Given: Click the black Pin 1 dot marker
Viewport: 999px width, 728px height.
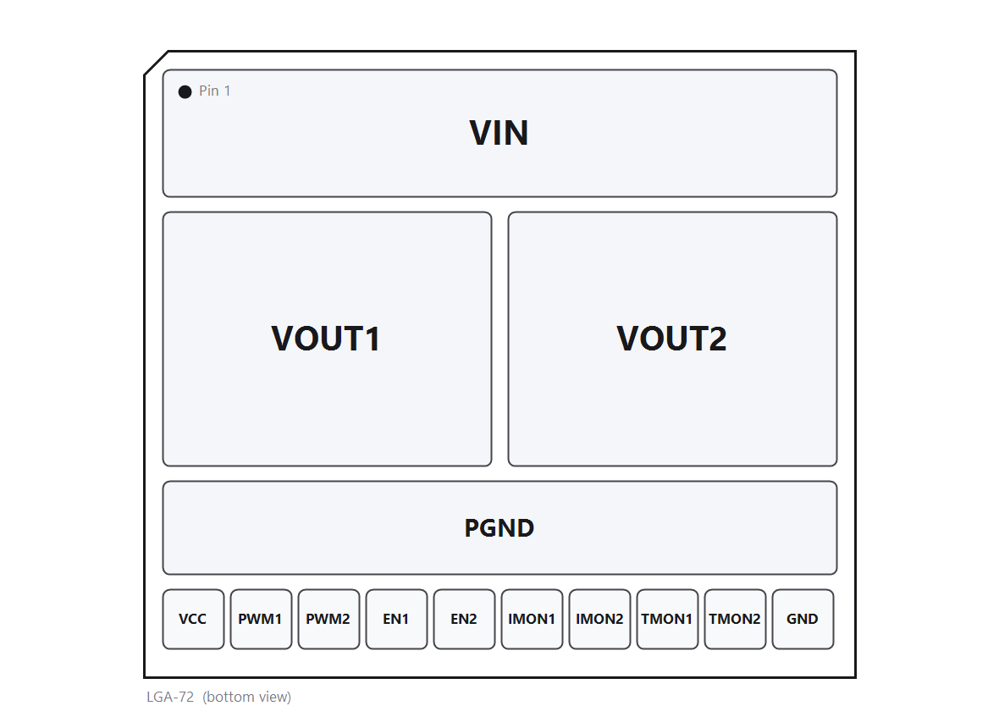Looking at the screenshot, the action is pyautogui.click(x=185, y=91).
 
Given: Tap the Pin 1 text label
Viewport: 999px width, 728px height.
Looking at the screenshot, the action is pyautogui.click(x=215, y=91).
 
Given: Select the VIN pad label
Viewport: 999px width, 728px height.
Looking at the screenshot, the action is pyautogui.click(x=499, y=133).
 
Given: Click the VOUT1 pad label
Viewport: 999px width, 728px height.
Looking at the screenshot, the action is pyautogui.click(x=326, y=339).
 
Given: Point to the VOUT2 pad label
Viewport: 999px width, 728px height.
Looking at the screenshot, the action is pyautogui.click(x=671, y=339).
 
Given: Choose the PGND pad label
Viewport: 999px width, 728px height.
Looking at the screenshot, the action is pyautogui.click(x=499, y=528).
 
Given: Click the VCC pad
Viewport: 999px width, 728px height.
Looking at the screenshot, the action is pyautogui.click(x=193, y=619).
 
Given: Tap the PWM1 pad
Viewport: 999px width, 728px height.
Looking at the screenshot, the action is pyautogui.click(x=262, y=619).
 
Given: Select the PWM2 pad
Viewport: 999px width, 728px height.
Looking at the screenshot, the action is pyautogui.click(x=328, y=619).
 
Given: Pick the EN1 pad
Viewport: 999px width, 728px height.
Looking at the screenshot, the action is pyautogui.click(x=396, y=619).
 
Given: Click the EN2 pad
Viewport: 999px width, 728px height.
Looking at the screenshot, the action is pyautogui.click(x=465, y=619).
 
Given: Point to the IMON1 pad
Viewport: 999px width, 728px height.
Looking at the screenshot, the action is pyautogui.click(x=532, y=619).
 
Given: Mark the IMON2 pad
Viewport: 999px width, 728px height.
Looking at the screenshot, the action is pyautogui.click(x=599, y=619).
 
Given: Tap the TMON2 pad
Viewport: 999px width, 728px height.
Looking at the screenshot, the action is pyautogui.click(x=735, y=619).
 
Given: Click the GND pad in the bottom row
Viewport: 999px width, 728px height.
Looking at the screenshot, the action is pyautogui.click(x=803, y=619).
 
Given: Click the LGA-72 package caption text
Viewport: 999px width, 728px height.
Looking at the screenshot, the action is pyautogui.click(x=170, y=697).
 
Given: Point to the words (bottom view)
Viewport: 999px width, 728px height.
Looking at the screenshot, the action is pyautogui.click(x=246, y=697).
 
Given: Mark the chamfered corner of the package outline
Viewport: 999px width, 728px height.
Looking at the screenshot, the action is pyautogui.click(x=156, y=63).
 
